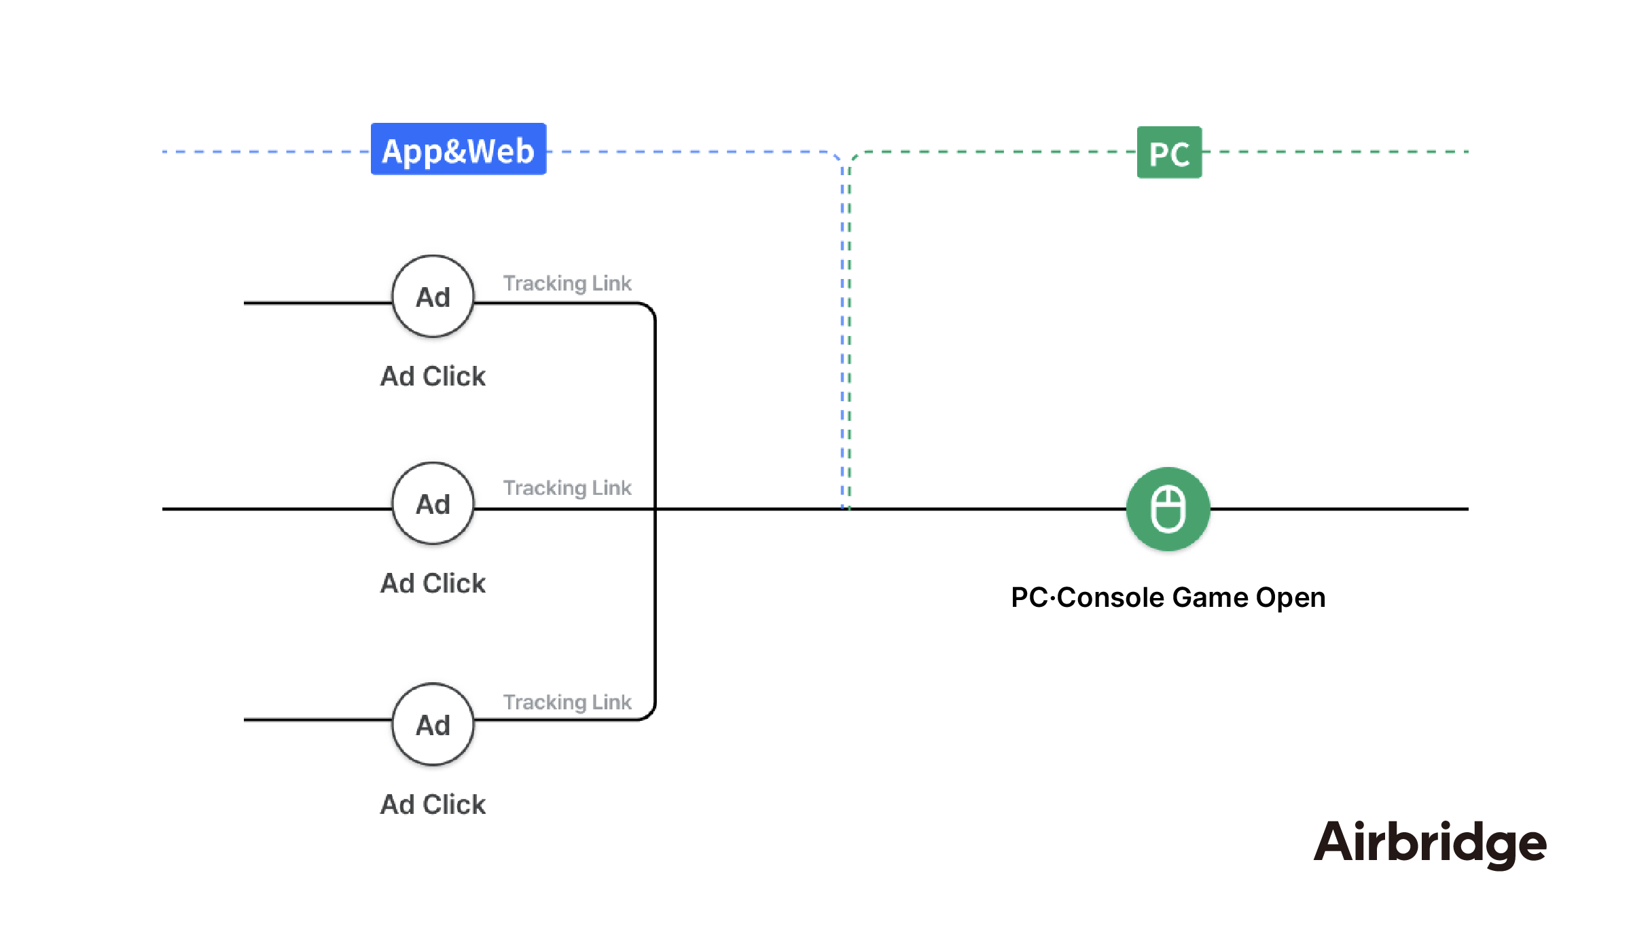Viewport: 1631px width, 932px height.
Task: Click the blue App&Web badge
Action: click(x=459, y=149)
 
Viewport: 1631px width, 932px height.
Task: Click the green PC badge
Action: click(x=1169, y=153)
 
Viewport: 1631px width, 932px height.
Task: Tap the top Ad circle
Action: click(x=433, y=297)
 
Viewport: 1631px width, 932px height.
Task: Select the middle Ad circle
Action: click(x=433, y=504)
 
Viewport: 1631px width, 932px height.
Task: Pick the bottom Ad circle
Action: click(x=433, y=724)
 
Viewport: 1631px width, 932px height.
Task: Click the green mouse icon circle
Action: click(x=1168, y=509)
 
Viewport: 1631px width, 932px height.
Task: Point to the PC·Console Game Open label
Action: click(x=1168, y=597)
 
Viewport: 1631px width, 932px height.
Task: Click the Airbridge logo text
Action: click(x=1430, y=842)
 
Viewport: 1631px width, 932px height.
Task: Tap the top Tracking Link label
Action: click(x=567, y=283)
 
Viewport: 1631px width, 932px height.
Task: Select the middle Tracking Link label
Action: click(x=567, y=487)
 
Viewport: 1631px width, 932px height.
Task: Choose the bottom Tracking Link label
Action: click(x=567, y=702)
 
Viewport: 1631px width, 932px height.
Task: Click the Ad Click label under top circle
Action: click(x=433, y=376)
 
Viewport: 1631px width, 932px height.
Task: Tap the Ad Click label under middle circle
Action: click(x=433, y=583)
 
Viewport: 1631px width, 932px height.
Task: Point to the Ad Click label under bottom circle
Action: click(x=433, y=804)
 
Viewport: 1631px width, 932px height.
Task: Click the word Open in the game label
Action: click(x=1290, y=597)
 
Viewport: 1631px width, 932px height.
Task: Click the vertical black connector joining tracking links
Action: click(x=655, y=407)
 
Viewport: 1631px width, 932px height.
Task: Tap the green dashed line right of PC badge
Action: click(x=1331, y=152)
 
